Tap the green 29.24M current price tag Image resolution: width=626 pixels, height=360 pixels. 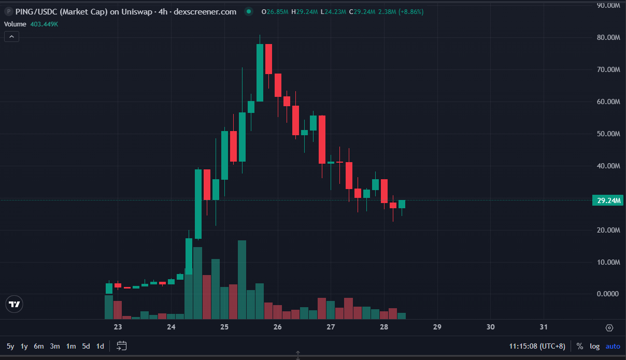pos(608,200)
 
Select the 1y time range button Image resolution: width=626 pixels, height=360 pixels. pos(24,346)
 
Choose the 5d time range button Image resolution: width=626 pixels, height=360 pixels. pos(86,346)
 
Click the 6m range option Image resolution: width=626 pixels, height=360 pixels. pos(39,346)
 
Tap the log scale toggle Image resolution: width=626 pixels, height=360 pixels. pos(594,346)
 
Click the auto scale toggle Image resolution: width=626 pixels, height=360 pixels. pos(613,346)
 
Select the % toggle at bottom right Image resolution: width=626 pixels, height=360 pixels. pos(579,346)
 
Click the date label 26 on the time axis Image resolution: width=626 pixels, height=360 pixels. pos(278,327)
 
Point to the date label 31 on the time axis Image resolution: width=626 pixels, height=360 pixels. pos(544,327)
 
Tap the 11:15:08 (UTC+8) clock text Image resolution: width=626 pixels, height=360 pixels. pos(537,346)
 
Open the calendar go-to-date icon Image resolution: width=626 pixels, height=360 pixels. pos(122,345)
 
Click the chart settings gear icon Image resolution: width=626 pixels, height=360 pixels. pos(609,327)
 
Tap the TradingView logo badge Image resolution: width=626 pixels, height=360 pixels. pos(15,304)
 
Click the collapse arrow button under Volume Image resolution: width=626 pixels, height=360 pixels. pos(11,36)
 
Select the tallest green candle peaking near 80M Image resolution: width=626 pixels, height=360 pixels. pos(260,73)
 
